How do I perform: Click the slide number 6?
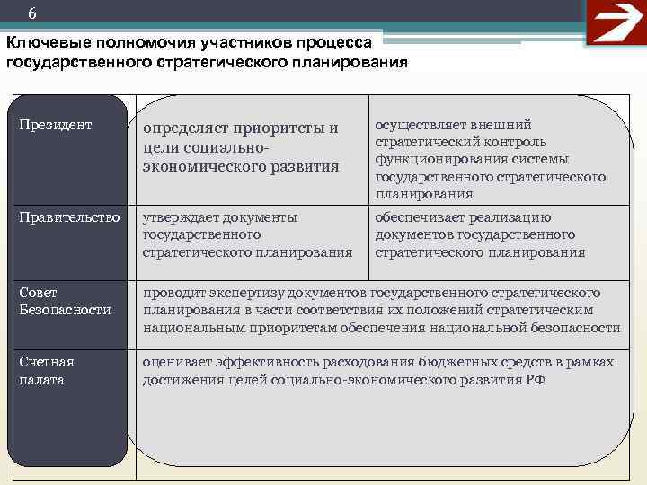(x=33, y=13)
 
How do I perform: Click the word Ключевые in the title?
(x=42, y=44)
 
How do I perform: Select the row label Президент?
(x=56, y=125)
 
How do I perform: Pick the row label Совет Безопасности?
(x=65, y=301)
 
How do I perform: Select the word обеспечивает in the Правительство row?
(x=419, y=217)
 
